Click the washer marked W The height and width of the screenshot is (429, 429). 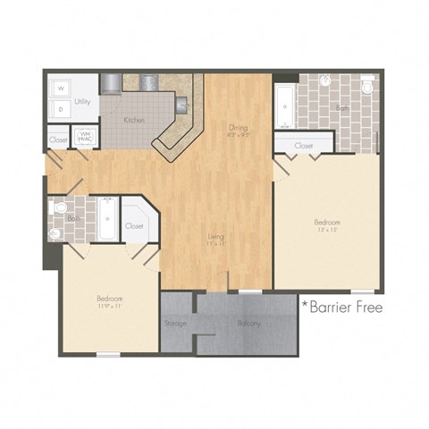point(61,88)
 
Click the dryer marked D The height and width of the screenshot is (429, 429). point(61,108)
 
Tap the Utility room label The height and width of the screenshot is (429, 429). point(82,103)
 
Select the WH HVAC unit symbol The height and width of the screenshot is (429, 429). point(87,138)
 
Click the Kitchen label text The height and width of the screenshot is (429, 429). point(134,120)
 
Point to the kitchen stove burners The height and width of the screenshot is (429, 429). point(147,82)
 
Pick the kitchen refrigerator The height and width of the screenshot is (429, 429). point(111,82)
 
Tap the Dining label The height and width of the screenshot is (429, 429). point(238,128)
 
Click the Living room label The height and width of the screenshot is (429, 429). point(215,237)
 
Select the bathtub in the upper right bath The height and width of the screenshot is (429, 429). point(284,106)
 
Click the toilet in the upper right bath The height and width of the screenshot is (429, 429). point(367,86)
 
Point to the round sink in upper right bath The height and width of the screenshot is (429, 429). point(326,81)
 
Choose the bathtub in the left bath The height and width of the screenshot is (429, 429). point(107,219)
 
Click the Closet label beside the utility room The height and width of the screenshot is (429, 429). point(58,139)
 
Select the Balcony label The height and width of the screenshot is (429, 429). point(249,323)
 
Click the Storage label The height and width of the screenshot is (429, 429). point(176,323)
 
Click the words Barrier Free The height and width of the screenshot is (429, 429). point(343,307)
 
